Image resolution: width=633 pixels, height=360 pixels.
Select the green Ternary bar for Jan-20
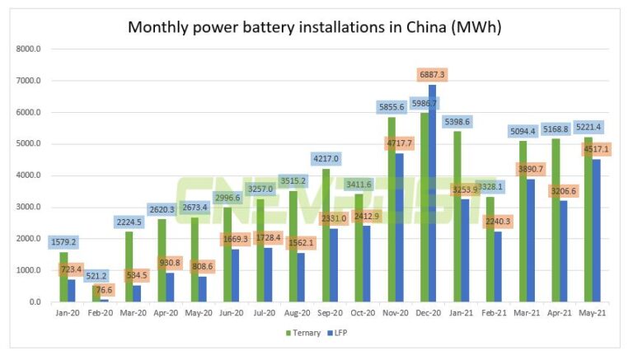(63, 277)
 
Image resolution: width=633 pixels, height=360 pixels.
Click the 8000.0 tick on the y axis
(27, 49)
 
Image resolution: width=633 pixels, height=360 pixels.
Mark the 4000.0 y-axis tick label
(27, 175)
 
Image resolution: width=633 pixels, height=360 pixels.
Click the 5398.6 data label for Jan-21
(457, 122)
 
